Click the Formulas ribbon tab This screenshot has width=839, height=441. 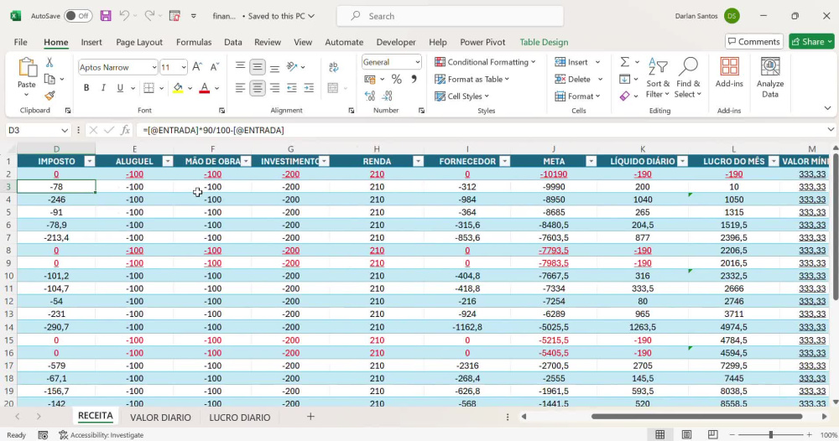click(x=194, y=42)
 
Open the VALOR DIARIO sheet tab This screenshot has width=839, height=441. click(x=160, y=418)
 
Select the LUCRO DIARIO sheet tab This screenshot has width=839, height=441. click(x=240, y=418)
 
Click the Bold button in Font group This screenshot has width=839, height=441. click(x=86, y=88)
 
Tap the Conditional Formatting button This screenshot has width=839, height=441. click(x=485, y=62)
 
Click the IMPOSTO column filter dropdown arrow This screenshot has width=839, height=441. click(x=90, y=162)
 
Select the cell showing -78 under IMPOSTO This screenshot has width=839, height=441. click(x=56, y=187)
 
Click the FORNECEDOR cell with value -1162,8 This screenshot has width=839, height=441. click(x=467, y=327)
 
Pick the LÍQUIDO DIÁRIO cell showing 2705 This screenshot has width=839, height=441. click(x=642, y=366)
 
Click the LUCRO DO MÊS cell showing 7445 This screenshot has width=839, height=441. click(x=733, y=378)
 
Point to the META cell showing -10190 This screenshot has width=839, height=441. click(x=553, y=174)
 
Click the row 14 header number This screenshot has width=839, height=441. click(x=8, y=327)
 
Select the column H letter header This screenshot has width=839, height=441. click(x=377, y=149)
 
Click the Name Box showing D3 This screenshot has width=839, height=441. click(x=38, y=131)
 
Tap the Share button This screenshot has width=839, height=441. click(x=811, y=42)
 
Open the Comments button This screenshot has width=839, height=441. click(x=754, y=42)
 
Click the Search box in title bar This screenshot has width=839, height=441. click(x=450, y=16)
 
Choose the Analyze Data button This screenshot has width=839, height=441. click(x=770, y=78)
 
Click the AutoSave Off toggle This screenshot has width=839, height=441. click(x=77, y=16)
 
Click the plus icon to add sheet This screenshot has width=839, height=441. click(x=310, y=417)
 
